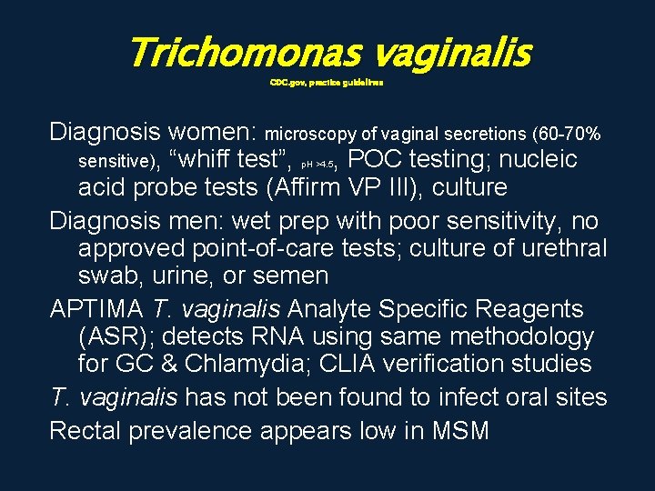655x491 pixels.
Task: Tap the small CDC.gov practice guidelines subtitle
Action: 327,82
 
